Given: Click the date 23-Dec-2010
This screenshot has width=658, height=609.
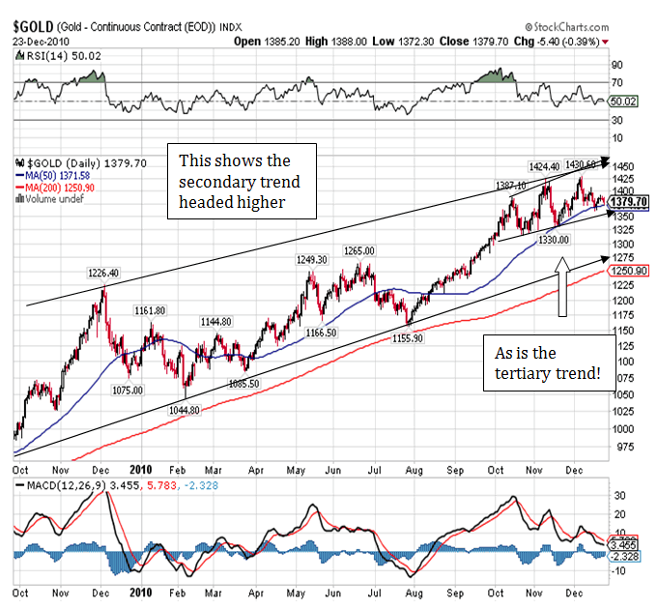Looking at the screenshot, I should click(x=41, y=42).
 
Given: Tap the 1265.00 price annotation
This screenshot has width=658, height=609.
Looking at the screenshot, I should click(x=358, y=251).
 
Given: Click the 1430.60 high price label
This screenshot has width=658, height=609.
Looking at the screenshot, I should click(x=584, y=164).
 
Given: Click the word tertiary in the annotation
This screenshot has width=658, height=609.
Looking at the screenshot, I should click(x=529, y=373).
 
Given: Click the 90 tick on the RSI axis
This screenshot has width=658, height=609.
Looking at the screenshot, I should click(x=615, y=66).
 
